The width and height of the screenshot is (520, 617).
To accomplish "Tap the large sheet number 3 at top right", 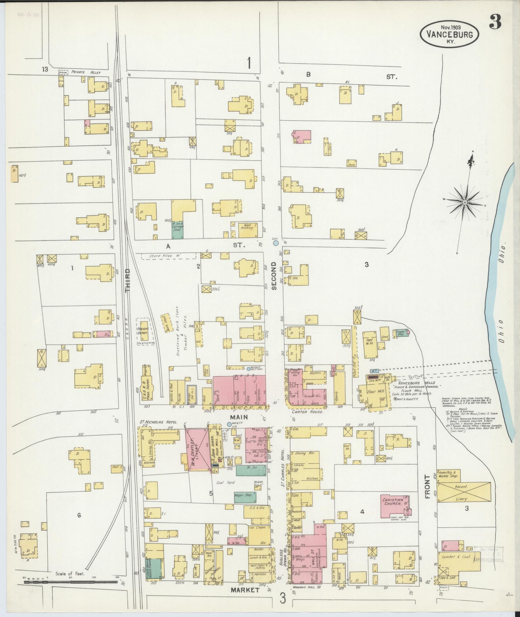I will click(495, 22).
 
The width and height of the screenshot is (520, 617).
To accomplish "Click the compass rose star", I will click(465, 202).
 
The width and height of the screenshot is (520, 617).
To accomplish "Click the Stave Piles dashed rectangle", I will click(168, 256).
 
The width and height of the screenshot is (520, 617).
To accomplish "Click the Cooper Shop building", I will click(400, 333).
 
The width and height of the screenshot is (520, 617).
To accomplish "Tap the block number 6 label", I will click(79, 515).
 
